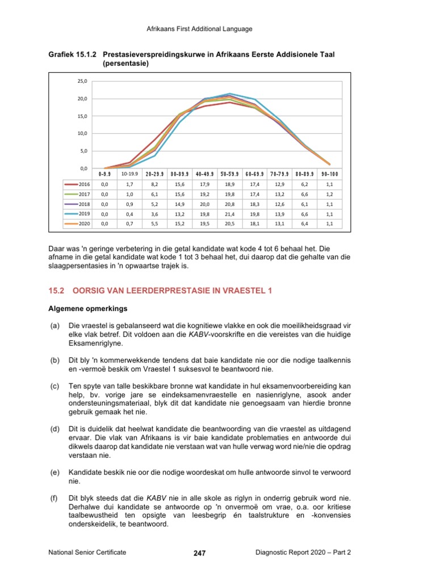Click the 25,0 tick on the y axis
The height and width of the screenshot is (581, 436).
coord(82,81)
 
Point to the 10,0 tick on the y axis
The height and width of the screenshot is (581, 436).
coord(82,133)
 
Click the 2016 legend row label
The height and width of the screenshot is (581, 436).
coord(84,184)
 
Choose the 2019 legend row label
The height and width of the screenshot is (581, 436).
coord(84,213)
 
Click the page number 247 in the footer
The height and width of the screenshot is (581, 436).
coord(199,553)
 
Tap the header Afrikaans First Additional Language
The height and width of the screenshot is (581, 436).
coord(199,29)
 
